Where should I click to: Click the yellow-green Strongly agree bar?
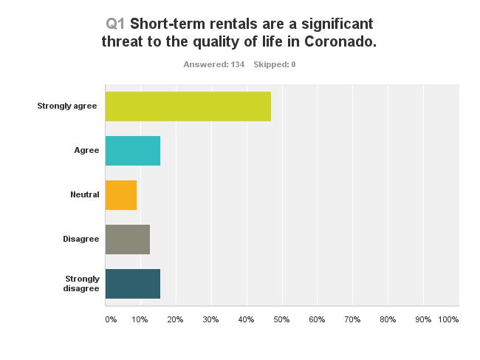[188, 106]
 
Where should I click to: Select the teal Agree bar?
[133, 151]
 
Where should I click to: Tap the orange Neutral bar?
[121, 195]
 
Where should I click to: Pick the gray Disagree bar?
[128, 240]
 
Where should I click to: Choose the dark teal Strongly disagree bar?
[133, 284]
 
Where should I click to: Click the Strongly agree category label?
[67, 106]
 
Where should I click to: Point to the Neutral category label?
[85, 195]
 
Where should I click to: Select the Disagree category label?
[81, 240]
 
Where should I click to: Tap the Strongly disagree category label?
[81, 284]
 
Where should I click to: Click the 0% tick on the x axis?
[111, 319]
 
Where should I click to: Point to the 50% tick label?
[281, 319]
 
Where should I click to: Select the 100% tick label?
[448, 319]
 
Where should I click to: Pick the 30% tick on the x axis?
[210, 319]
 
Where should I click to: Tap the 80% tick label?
[388, 319]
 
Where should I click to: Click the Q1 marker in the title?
[116, 23]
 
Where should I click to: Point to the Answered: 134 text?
[213, 65]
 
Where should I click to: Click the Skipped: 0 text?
[275, 65]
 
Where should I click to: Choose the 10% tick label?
[140, 319]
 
